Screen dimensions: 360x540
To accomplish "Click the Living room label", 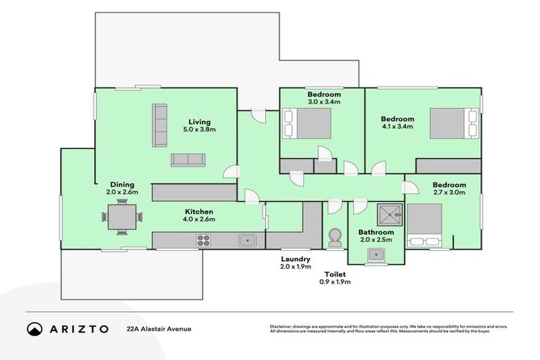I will pos(199,121).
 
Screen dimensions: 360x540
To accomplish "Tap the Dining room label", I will pos(122,184).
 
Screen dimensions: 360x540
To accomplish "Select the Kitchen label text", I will pos(199,211).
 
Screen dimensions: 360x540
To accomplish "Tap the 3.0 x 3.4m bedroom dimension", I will pos(323,102).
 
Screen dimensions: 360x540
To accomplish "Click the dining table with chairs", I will pos(123,217).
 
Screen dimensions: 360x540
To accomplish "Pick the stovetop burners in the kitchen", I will pos(204,240).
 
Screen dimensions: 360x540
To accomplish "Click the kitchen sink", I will pos(247,240).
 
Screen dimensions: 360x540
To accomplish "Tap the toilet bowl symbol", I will pos(335,238).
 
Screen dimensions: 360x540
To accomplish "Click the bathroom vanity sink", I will pos(376,255).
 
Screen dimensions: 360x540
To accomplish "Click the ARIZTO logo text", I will pos(78,328).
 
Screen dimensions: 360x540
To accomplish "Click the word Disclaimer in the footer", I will pos(282,327).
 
